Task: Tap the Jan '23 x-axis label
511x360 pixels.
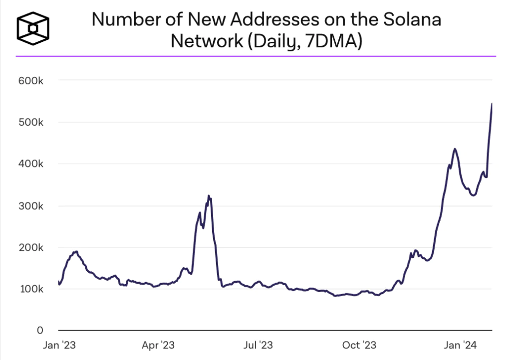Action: pyautogui.click(x=59, y=345)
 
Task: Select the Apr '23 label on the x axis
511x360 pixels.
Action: pyautogui.click(x=159, y=345)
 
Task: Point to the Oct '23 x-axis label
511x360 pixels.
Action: pyautogui.click(x=360, y=345)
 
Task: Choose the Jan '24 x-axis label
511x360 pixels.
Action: pyautogui.click(x=461, y=345)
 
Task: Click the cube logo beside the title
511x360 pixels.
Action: pyautogui.click(x=33, y=28)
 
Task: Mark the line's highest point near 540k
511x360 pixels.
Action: pyautogui.click(x=492, y=104)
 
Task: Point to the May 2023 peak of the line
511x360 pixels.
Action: pyautogui.click(x=209, y=196)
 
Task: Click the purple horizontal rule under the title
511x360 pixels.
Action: pyautogui.click(x=255, y=56)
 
